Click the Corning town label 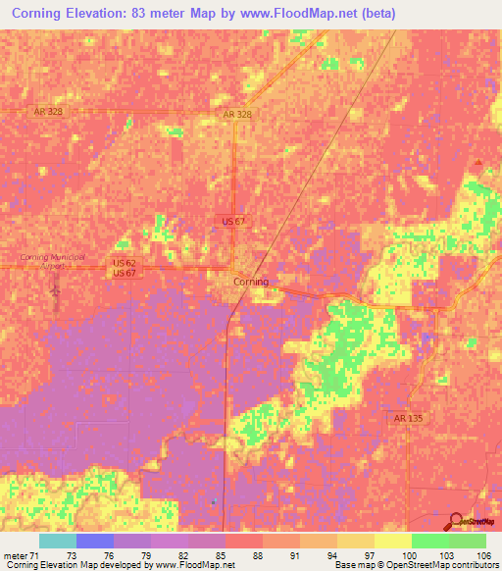click(x=250, y=282)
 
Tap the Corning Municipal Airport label click(x=53, y=261)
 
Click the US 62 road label click(x=125, y=262)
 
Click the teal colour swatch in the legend click(x=57, y=541)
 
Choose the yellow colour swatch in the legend click(x=392, y=541)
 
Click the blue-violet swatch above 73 click(x=94, y=541)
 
